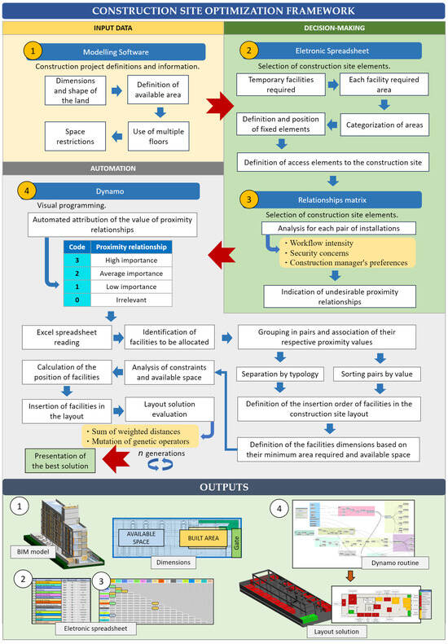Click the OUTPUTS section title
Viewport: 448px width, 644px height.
[224, 488]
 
